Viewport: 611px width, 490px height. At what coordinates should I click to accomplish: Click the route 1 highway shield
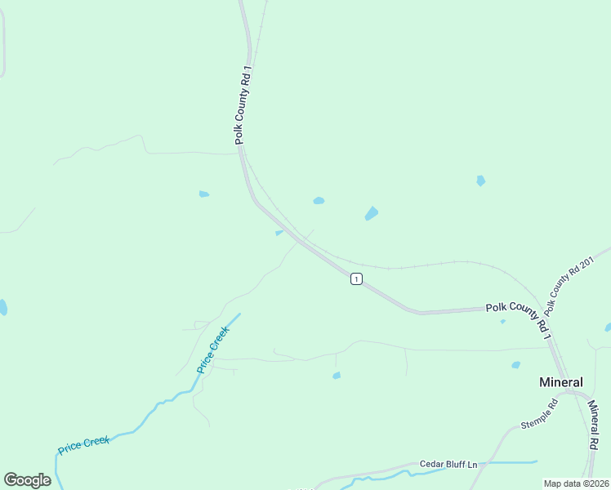pos(356,279)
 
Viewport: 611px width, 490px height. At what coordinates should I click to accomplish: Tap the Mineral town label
pos(561,382)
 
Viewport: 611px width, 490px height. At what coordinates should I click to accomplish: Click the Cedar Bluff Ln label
pos(448,464)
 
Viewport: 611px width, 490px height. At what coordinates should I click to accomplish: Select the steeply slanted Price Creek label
pos(213,349)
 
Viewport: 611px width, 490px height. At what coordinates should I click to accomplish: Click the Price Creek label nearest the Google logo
pos(83,445)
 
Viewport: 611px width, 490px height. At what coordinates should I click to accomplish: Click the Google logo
pos(27,480)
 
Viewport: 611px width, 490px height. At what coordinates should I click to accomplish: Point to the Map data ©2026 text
pos(576,483)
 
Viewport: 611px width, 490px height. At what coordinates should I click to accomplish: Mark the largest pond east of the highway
pos(372,214)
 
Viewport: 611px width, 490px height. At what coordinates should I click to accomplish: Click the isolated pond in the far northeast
pos(481,180)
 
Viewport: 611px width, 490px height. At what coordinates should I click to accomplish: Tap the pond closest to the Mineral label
pos(515,365)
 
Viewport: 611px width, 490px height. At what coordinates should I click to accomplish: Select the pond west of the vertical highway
pos(203,194)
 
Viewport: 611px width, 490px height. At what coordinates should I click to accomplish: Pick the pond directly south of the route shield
pos(337,376)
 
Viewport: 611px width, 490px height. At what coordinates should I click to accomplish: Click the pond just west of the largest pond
pos(319,200)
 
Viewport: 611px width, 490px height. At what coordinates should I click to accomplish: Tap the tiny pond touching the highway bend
pos(279,233)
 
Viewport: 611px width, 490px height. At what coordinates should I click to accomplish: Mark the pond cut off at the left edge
pos(2,307)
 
